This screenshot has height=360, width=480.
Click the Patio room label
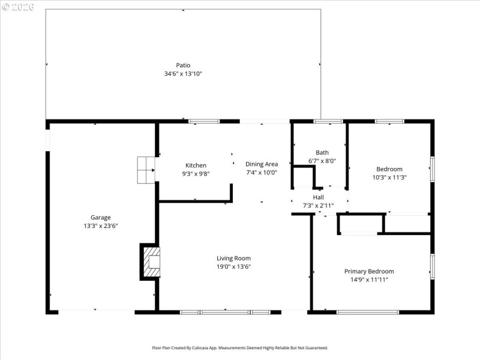(x=183, y=65)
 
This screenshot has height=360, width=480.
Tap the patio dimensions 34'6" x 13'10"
(x=183, y=74)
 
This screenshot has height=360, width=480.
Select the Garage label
(x=100, y=217)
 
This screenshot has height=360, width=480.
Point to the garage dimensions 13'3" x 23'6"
(x=100, y=226)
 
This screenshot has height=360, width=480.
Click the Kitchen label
(x=196, y=165)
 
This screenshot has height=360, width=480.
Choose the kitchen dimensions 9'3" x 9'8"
(x=196, y=174)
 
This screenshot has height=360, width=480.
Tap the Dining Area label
(x=262, y=164)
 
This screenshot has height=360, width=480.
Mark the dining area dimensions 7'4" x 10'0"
(x=262, y=173)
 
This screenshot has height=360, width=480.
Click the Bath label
(x=322, y=152)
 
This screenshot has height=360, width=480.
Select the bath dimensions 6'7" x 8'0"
(x=322, y=161)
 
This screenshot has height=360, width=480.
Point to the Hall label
(x=318, y=197)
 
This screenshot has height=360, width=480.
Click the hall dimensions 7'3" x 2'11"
(x=318, y=206)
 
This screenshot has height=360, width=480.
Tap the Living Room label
(x=233, y=258)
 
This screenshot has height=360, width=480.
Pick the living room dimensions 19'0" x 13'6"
(x=233, y=266)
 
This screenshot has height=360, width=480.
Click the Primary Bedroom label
(x=369, y=271)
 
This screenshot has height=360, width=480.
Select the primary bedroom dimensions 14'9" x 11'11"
(x=369, y=280)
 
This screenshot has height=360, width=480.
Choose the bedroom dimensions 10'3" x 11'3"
(x=389, y=178)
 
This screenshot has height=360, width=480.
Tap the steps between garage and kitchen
(x=146, y=170)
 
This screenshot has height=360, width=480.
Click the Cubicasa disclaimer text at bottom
(x=240, y=347)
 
